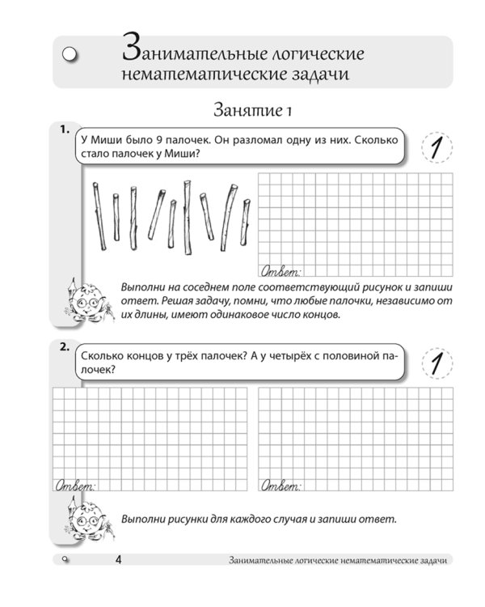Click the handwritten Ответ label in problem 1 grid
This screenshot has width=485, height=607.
280,270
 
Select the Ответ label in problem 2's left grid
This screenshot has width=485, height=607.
74,486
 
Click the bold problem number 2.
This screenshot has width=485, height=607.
63,346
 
